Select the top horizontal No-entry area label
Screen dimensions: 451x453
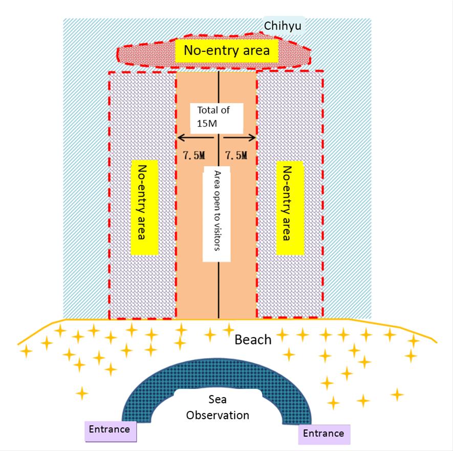tap(227, 51)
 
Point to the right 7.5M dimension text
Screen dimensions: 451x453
tap(236, 155)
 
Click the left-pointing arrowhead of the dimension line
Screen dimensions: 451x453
tap(180, 137)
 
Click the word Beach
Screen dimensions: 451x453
tap(253, 339)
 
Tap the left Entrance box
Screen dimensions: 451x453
tap(109, 429)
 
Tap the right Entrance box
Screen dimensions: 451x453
tap(323, 434)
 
